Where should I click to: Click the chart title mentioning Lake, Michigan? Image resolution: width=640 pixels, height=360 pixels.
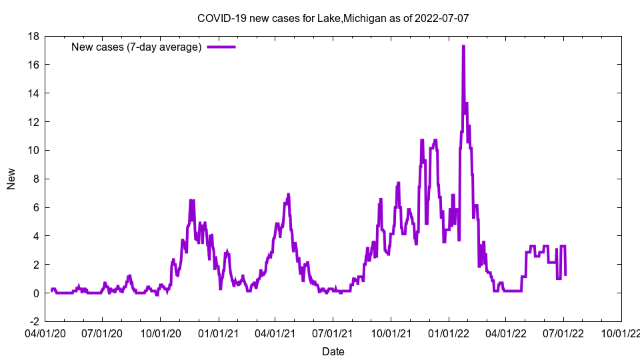(x=333, y=18)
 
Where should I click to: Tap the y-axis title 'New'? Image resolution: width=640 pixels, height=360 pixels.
(x=11, y=179)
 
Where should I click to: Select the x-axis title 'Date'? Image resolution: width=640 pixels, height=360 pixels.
(x=333, y=351)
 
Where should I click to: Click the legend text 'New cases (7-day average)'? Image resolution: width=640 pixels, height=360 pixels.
(x=136, y=47)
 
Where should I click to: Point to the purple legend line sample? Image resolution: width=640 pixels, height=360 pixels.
(x=221, y=47)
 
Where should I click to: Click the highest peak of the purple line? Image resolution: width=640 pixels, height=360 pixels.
(x=463, y=46)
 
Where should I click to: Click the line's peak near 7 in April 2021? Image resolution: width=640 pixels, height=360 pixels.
(x=289, y=194)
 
